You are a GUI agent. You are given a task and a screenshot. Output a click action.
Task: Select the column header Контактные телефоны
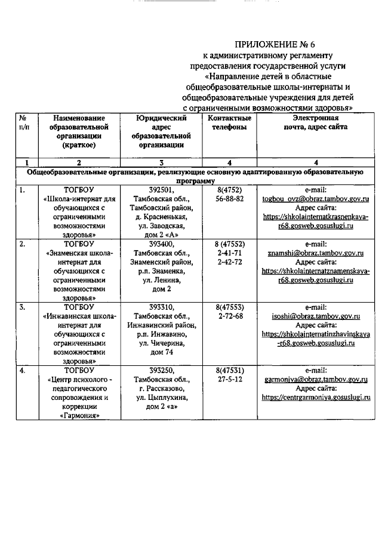pos(229,123)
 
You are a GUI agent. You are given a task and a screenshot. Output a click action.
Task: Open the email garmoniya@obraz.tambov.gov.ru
pos(316,379)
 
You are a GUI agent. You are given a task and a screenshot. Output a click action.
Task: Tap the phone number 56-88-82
pos(229,199)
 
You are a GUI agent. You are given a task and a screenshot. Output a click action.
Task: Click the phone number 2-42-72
pos(229,263)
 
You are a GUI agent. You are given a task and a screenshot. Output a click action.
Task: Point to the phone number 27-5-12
pos(229,379)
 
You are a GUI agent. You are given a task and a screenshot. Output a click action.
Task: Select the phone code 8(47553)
pos(229,307)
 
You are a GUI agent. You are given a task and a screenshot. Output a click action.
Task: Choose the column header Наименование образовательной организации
pos(79,131)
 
